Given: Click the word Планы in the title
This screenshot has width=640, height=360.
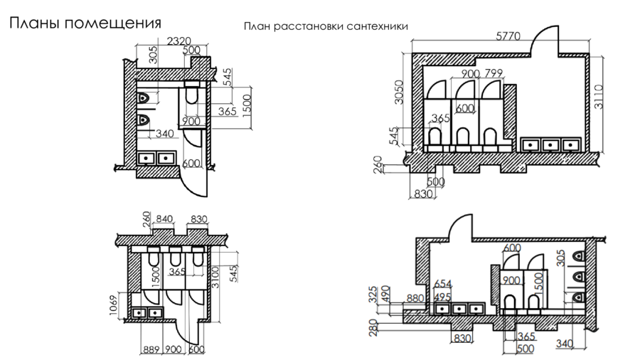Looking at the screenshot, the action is [35, 23].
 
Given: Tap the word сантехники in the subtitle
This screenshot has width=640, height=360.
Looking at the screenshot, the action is [377, 26].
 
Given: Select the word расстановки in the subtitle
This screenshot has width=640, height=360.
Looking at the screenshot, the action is [309, 26].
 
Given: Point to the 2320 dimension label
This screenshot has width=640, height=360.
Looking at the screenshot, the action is [179, 41].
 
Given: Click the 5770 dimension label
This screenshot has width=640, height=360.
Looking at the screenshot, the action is [508, 36].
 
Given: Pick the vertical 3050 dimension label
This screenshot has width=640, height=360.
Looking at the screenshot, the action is [399, 92].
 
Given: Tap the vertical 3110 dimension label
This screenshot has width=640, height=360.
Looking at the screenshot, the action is [598, 96].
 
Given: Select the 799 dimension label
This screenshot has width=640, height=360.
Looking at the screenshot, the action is [494, 73].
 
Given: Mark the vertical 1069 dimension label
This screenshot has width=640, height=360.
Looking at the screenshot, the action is [114, 305].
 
